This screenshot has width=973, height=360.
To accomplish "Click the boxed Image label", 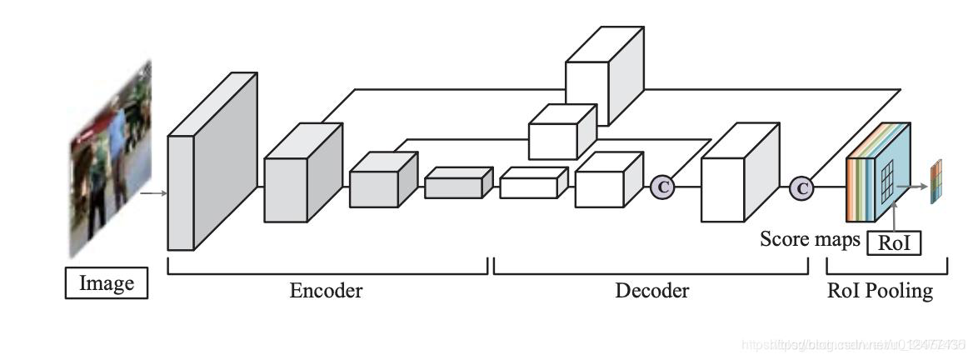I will pyautogui.click(x=107, y=283).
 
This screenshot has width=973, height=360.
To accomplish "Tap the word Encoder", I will pyautogui.click(x=326, y=291).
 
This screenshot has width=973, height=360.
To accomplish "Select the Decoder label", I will pyautogui.click(x=652, y=291).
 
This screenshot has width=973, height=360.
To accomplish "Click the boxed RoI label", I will pyautogui.click(x=895, y=243).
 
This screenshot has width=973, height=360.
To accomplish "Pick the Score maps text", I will pyautogui.click(x=810, y=240).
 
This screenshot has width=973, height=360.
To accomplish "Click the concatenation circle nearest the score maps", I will pyautogui.click(x=801, y=188).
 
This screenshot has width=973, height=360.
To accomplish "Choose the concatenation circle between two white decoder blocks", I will pyautogui.click(x=662, y=187).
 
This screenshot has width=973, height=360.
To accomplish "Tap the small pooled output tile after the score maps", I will pyautogui.click(x=934, y=182).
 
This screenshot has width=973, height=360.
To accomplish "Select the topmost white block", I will pyautogui.click(x=599, y=78).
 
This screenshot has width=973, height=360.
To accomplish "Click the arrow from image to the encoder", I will pyautogui.click(x=154, y=193).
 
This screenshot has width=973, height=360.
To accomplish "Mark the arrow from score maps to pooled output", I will pyautogui.click(x=917, y=186).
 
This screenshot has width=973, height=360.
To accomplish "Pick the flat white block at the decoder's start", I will pyautogui.click(x=532, y=183).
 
